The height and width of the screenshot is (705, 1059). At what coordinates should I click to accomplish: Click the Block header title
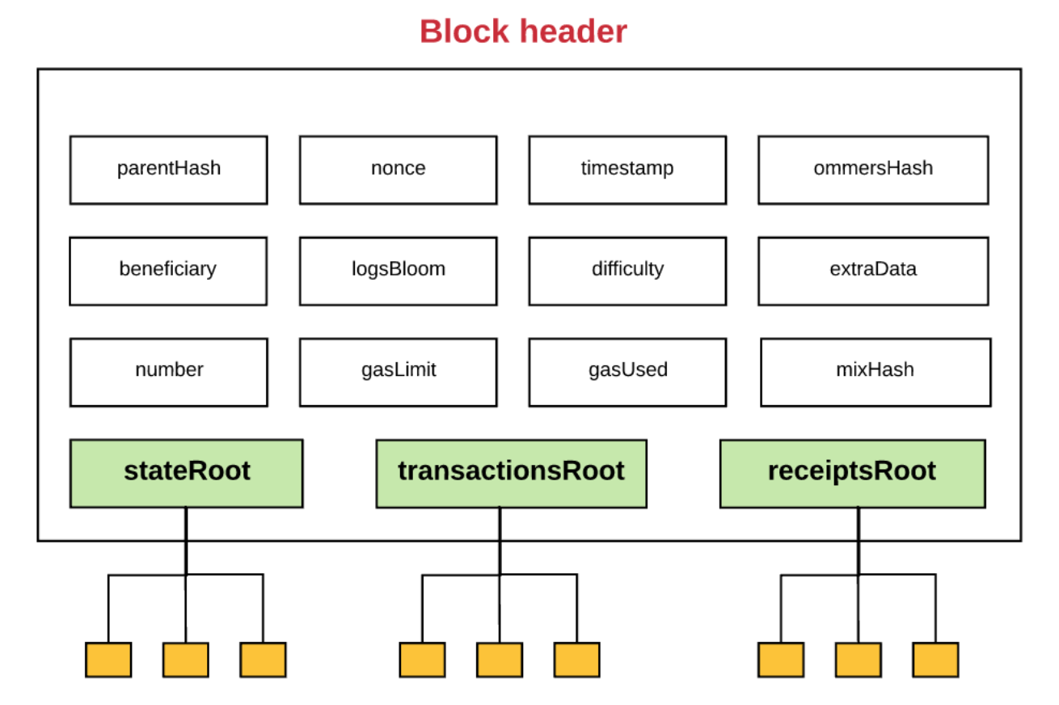click(x=523, y=32)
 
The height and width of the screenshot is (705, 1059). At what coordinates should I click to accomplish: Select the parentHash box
click(x=169, y=171)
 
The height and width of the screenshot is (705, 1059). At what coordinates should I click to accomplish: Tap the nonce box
click(x=398, y=171)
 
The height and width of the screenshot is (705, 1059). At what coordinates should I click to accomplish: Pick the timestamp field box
click(x=627, y=171)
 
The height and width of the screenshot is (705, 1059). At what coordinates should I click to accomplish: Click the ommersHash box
click(x=873, y=171)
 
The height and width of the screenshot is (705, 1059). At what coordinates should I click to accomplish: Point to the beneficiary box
click(x=168, y=272)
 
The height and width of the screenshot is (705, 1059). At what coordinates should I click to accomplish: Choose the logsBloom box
click(x=398, y=272)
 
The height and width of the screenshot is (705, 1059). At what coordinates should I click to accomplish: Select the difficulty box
click(x=627, y=272)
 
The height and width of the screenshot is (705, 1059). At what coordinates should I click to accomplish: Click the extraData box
click(x=873, y=272)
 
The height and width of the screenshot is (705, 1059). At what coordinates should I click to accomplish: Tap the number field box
click(x=169, y=372)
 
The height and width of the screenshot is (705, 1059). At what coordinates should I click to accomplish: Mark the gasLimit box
click(x=398, y=372)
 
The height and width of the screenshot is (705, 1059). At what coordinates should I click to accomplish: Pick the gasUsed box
click(x=627, y=372)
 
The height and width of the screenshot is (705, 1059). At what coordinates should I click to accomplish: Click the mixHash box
click(x=875, y=372)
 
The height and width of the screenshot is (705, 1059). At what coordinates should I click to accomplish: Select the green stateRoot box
click(x=186, y=474)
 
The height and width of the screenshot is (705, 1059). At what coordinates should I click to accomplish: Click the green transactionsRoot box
click(x=512, y=474)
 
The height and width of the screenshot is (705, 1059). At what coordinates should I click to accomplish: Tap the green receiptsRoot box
click(x=852, y=474)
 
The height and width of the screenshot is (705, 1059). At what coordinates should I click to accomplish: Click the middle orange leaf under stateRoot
click(x=186, y=660)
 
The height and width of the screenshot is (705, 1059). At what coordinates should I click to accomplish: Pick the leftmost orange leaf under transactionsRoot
click(x=422, y=660)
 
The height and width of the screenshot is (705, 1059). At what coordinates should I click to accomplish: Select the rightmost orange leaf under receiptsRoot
click(x=935, y=660)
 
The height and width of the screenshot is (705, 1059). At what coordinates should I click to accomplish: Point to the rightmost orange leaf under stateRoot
click(x=263, y=660)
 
